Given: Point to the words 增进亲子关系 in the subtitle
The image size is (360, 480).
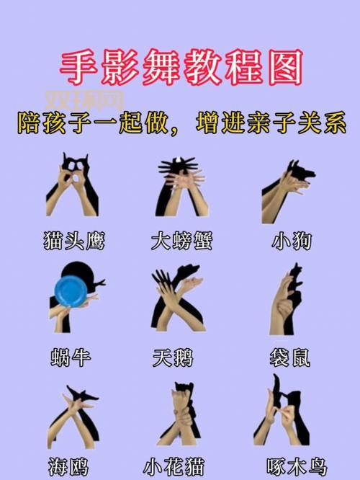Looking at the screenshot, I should [271, 123].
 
